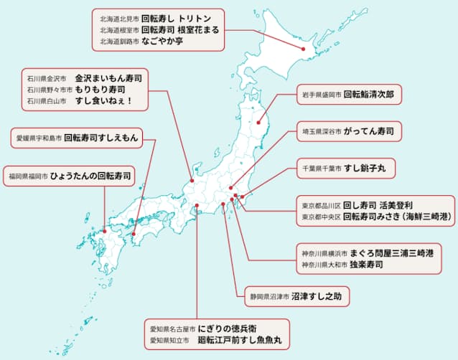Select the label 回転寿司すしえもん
[103, 136]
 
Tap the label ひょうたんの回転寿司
[91, 175]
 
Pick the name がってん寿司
[373, 132]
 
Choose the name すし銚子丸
[365, 169]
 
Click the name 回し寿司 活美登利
[376, 203]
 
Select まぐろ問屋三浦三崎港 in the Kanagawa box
[391, 252]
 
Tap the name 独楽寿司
[366, 265]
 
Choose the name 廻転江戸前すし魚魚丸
[240, 340]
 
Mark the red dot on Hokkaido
[303, 49]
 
